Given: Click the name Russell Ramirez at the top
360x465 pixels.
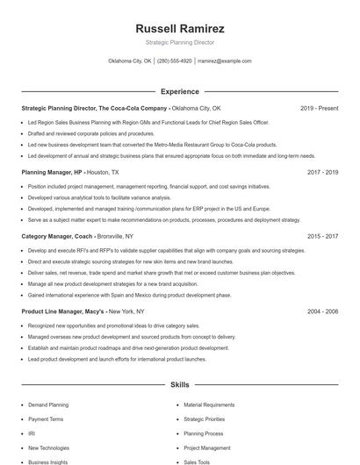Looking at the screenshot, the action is (179, 28).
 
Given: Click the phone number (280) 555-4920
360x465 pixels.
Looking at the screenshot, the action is (174, 61).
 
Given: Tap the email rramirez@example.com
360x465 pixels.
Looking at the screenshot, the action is (225, 61).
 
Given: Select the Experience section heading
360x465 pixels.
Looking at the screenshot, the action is (179, 91).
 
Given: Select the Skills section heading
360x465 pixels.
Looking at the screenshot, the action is (179, 384).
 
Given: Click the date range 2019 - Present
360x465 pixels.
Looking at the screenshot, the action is (320, 108).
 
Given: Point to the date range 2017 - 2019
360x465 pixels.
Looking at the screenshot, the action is (323, 173).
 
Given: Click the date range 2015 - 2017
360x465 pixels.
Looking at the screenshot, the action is (323, 237).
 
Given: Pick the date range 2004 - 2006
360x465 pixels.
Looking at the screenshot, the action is (323, 311).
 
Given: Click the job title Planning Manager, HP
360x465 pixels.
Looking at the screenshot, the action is (52, 173).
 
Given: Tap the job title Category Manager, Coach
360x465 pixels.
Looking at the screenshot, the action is (58, 237).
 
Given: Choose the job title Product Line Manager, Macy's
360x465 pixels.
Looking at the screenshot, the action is (63, 311).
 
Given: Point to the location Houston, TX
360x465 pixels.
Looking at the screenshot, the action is (103, 173).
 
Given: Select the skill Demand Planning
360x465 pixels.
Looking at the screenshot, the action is (48, 405).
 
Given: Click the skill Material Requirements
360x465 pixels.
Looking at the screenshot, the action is (209, 405).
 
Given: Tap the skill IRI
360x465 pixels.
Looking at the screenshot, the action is (32, 433).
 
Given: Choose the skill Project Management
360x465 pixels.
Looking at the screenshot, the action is (206, 447).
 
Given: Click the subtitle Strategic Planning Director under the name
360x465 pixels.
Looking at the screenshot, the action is (179, 42).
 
